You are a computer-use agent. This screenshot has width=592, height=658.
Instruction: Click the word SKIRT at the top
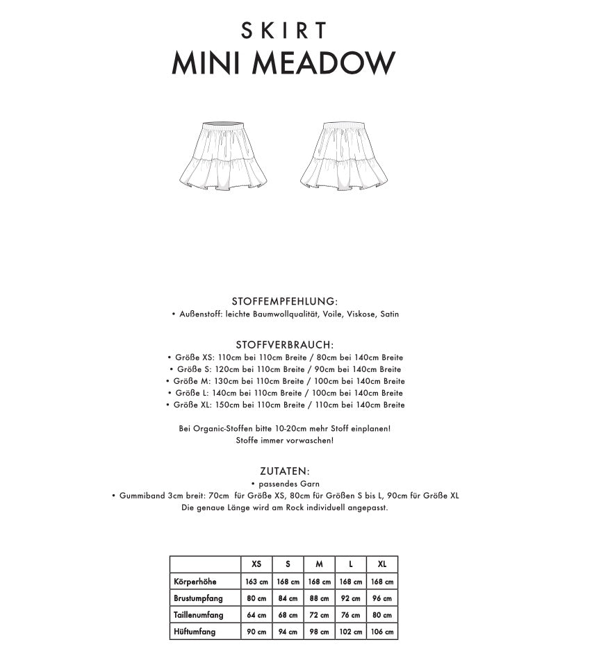pos(283,31)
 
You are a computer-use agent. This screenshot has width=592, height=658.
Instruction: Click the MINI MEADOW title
pos(283,64)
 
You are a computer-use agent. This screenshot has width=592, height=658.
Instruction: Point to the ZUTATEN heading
pos(285,471)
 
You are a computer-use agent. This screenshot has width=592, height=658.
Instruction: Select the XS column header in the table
pos(256,564)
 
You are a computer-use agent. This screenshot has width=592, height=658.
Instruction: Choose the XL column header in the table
pos(382,564)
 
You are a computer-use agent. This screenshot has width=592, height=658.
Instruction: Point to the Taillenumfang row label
pos(199,615)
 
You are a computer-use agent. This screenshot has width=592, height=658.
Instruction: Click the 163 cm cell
pos(256,582)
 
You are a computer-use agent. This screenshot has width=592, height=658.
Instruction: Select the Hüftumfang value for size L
pos(351,632)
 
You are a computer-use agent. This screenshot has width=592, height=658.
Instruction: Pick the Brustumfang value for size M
pos(319,598)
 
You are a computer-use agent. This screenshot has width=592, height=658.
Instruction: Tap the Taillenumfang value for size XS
pos(256,615)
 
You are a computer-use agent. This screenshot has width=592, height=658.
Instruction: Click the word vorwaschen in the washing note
pos(309,441)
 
